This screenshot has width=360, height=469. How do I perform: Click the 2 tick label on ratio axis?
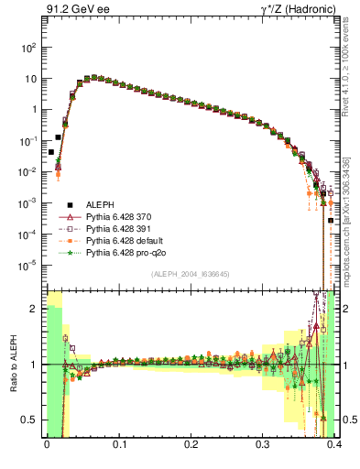click(x=38, y=309)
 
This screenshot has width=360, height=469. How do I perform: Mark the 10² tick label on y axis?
click(x=32, y=46)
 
